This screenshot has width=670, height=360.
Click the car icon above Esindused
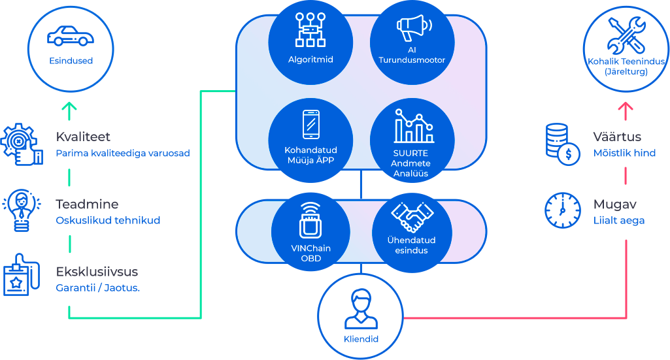click(x=71, y=36)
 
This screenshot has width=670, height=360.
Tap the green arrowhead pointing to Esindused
click(x=69, y=106)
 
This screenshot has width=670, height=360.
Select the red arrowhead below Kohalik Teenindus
click(x=626, y=106)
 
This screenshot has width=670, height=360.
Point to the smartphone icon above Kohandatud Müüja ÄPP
click(x=310, y=124)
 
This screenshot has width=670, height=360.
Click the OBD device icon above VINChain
click(x=310, y=220)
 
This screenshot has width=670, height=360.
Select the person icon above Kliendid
click(x=361, y=309)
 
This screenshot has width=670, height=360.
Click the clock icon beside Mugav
click(x=563, y=210)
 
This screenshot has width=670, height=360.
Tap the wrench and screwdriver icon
click(x=626, y=35)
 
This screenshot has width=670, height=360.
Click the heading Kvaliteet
click(x=83, y=137)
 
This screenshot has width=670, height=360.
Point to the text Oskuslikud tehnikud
click(x=108, y=220)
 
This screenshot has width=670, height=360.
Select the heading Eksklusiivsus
click(x=97, y=272)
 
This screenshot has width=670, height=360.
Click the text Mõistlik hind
click(x=624, y=153)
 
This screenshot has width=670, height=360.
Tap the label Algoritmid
click(x=310, y=60)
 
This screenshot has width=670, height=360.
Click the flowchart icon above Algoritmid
click(x=310, y=29)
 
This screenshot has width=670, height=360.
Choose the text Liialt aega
click(x=619, y=220)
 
